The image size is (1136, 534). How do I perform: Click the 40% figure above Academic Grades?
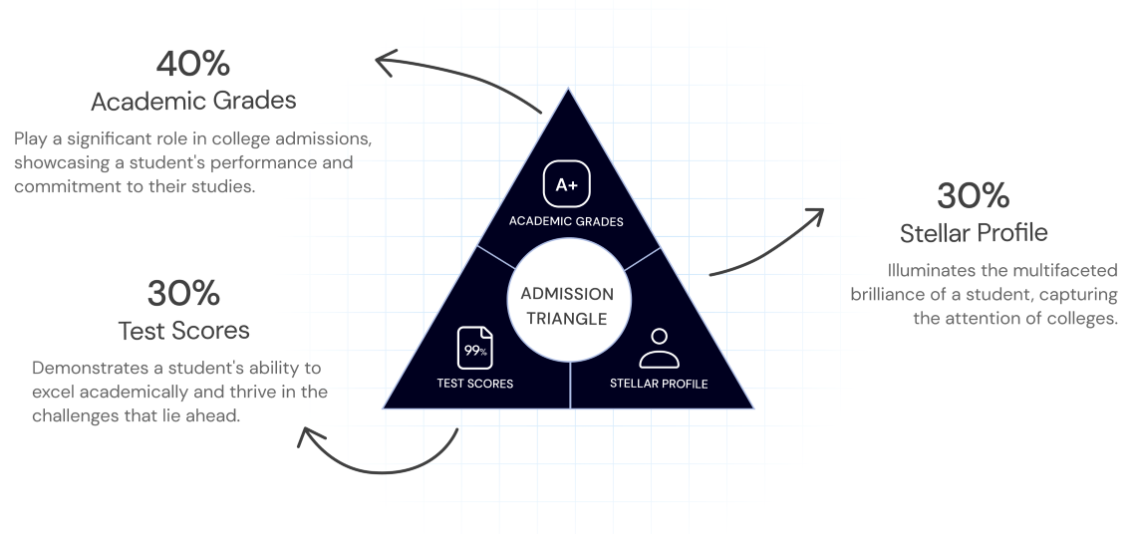tap(192, 64)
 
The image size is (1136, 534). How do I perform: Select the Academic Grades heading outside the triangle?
tap(192, 102)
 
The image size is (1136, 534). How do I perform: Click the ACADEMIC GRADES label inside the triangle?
tap(566, 222)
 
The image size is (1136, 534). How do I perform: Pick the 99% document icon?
tap(474, 348)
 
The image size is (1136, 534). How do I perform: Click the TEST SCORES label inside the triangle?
tap(475, 384)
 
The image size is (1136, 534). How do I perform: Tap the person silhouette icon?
tap(658, 348)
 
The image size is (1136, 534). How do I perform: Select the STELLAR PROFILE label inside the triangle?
tap(659, 384)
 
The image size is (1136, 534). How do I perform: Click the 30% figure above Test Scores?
tap(183, 293)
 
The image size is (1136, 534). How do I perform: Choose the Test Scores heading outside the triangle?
tap(183, 329)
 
